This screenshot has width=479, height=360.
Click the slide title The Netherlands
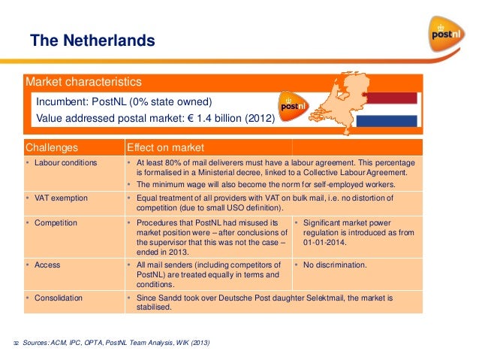pyautogui.click(x=92, y=41)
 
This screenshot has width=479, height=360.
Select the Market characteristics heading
pyautogui.click(x=84, y=82)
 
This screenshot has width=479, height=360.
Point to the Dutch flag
pyautogui.click(x=386, y=110)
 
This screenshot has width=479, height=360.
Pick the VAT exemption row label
pyautogui.click(x=59, y=198)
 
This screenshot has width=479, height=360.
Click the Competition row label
pyautogui.click(x=56, y=224)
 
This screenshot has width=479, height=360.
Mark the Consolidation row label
pyautogui.click(x=58, y=298)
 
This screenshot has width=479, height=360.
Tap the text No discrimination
pyautogui.click(x=335, y=265)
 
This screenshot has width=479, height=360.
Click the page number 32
pyautogui.click(x=15, y=343)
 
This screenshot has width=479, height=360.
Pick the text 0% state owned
pyautogui.click(x=173, y=101)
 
